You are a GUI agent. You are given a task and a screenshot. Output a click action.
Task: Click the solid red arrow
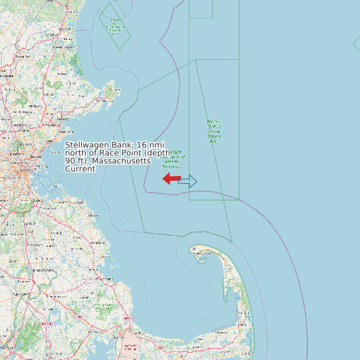tap(171, 179)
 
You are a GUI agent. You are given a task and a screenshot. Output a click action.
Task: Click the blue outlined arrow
tap(188, 181)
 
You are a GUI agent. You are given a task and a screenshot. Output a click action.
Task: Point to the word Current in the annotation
tap(80, 169)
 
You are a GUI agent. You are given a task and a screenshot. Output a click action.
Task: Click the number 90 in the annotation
tap(70, 161)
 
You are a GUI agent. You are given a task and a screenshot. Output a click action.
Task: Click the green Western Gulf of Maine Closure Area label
tap(214, 132)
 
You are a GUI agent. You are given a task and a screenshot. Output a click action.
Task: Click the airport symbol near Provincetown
tap(193, 249)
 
